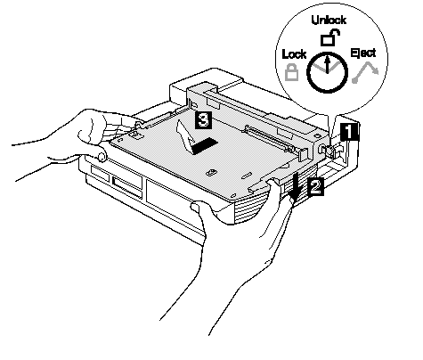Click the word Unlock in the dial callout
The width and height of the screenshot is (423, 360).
329,20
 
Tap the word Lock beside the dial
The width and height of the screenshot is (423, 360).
294,54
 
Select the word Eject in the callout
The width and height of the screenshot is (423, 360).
363,53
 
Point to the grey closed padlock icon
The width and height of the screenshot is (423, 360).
291,72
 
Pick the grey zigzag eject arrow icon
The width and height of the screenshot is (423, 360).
366,72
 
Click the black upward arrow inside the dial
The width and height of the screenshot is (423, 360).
327,64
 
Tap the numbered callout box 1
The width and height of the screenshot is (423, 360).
349,132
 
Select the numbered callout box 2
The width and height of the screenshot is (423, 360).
315,187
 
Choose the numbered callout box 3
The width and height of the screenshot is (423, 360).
203,120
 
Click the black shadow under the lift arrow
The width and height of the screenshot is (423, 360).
204,146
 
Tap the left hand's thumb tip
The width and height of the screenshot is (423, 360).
101,156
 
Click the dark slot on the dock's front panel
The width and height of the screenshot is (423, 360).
126,186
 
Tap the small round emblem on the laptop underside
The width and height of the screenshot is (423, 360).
211,173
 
